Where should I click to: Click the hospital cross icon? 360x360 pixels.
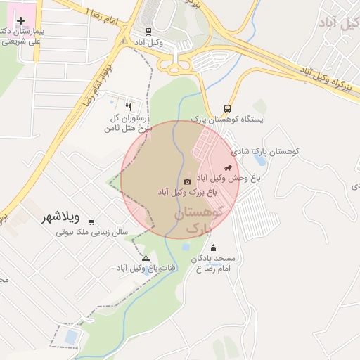coord(20,21)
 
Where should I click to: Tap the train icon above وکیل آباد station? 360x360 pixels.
coord(148,32)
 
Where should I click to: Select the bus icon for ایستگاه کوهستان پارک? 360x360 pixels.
coord(227,108)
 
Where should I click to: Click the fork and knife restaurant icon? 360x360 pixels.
coord(128,107)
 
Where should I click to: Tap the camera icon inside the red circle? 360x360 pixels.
coord(187,182)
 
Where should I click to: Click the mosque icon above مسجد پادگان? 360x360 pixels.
coord(214,248)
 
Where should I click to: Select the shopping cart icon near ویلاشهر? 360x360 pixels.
coord(91,222)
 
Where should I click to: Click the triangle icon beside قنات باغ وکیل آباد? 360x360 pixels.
coord(146,258)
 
